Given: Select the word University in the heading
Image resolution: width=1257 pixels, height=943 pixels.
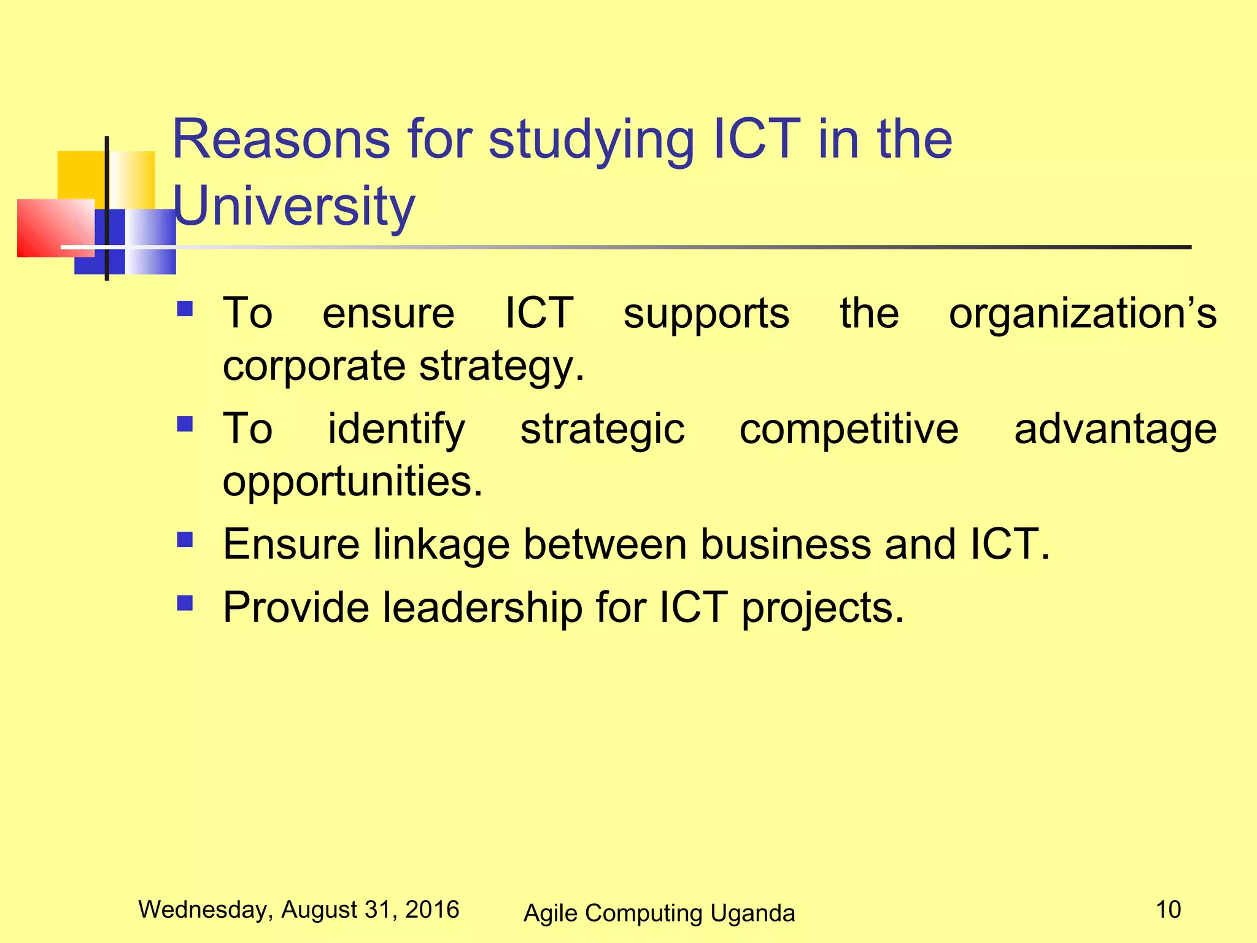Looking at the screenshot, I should click(x=295, y=206).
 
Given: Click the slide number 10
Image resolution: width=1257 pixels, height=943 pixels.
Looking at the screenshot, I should click(x=1168, y=909).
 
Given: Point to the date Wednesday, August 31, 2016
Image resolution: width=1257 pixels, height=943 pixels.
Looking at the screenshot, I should click(x=299, y=909).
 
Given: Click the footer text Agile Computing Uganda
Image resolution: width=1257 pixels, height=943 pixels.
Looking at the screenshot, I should click(x=659, y=913).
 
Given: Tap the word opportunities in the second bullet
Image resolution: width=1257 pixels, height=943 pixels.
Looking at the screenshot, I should click(x=352, y=481).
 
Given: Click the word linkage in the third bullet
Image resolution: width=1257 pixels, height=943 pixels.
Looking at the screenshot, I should click(x=441, y=545).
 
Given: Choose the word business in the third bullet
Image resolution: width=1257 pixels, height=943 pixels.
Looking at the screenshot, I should click(x=786, y=544).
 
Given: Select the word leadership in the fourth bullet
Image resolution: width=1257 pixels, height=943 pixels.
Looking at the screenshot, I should click(x=482, y=608).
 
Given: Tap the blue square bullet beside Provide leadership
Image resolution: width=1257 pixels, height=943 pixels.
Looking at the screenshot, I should click(x=185, y=603).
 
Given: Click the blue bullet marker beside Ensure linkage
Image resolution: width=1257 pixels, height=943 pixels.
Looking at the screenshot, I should click(x=185, y=540).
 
